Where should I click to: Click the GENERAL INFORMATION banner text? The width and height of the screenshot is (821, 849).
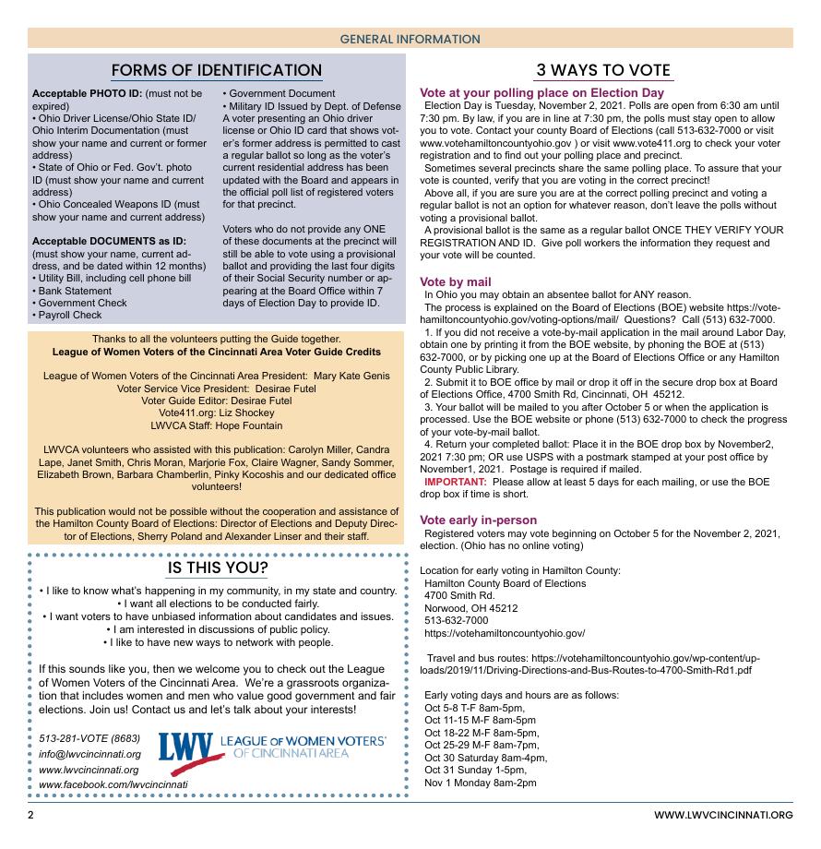pyautogui.click(x=410, y=39)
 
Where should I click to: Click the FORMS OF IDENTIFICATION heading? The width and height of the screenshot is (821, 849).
pyautogui.click(x=217, y=70)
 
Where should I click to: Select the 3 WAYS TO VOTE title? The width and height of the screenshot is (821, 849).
pyautogui.click(x=603, y=71)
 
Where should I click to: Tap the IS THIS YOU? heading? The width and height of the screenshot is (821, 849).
pyautogui.click(x=218, y=568)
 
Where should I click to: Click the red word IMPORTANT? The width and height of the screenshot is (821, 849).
pyautogui.click(x=456, y=482)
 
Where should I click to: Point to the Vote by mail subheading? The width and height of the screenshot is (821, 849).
pyautogui.click(x=456, y=281)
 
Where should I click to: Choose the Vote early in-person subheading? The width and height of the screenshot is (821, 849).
pyautogui.click(x=478, y=520)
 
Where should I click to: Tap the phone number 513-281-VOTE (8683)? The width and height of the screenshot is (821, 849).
pyautogui.click(x=89, y=739)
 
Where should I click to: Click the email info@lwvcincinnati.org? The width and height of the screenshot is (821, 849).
pyautogui.click(x=89, y=754)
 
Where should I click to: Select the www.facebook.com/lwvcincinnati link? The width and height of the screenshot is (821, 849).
pyautogui.click(x=113, y=784)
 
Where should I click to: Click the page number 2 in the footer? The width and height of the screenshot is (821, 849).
pyautogui.click(x=30, y=815)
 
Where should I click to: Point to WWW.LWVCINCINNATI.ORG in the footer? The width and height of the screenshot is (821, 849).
pyautogui.click(x=723, y=815)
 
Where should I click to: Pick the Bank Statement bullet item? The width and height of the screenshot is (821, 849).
pyautogui.click(x=71, y=290)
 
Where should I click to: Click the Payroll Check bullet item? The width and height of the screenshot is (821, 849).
pyautogui.click(x=69, y=315)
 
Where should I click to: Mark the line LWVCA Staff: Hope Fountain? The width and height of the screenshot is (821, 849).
pyautogui.click(x=217, y=427)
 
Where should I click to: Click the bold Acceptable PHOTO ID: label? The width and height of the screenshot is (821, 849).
pyautogui.click(x=88, y=94)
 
